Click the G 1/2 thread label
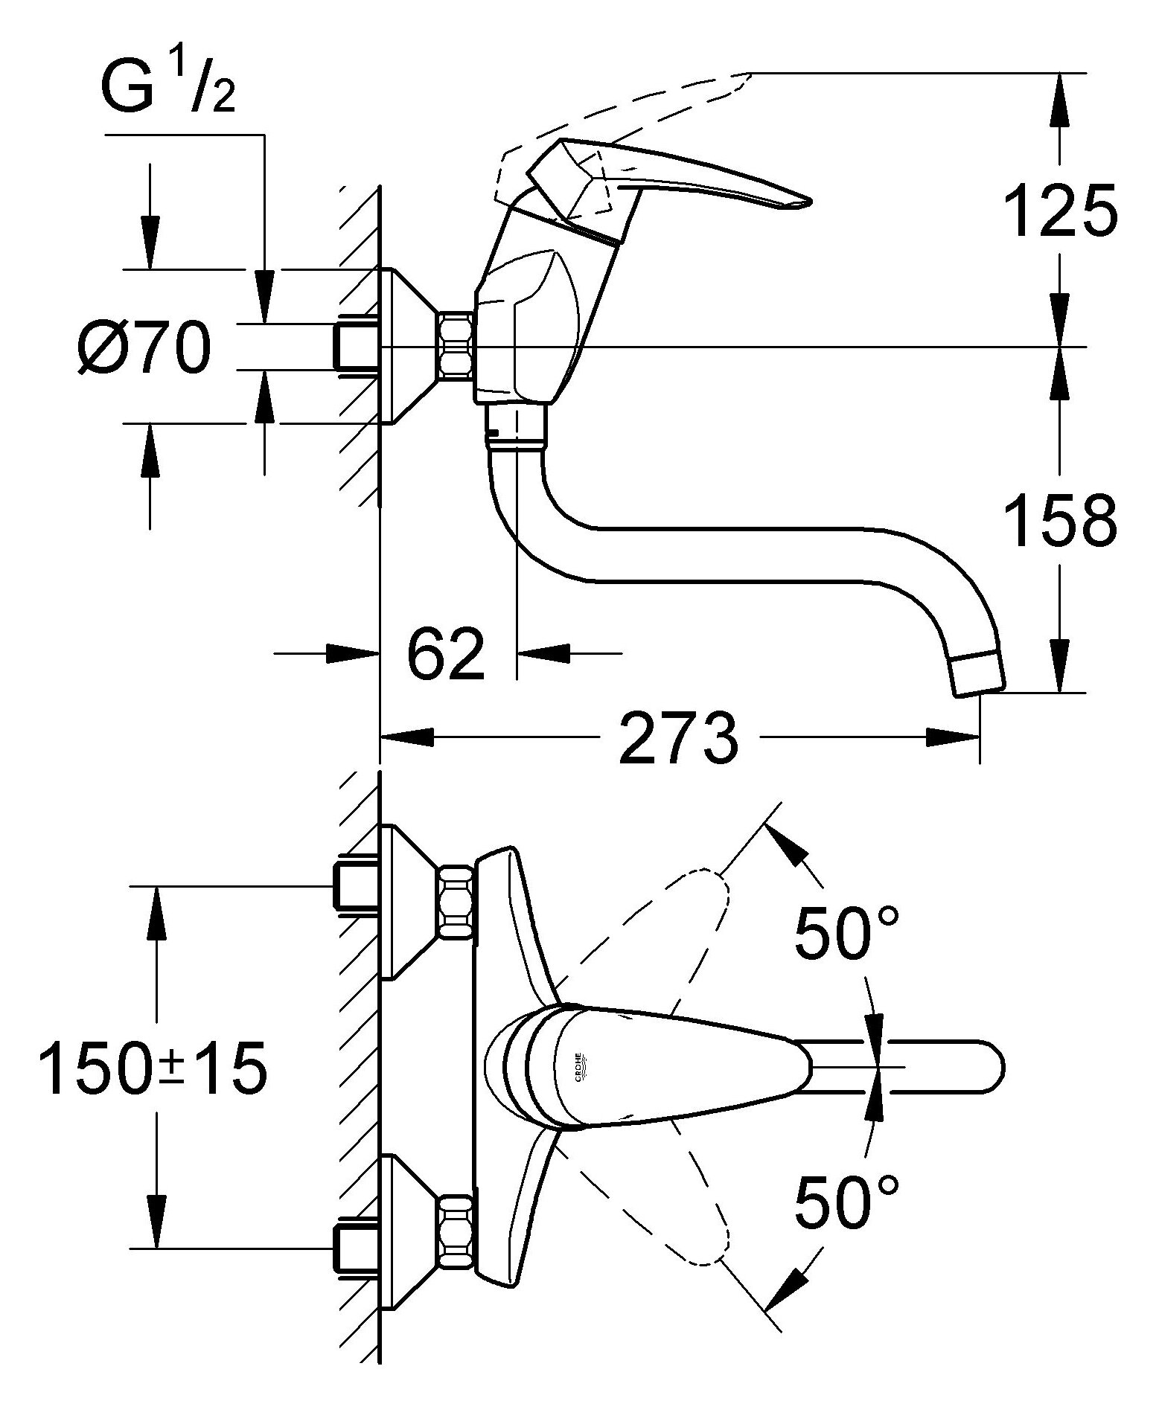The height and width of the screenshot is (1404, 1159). pyautogui.click(x=167, y=89)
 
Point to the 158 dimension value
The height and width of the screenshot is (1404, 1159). pyautogui.click(x=1060, y=521)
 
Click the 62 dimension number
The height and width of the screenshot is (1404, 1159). pyautogui.click(x=445, y=654)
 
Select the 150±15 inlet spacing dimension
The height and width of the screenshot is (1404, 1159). pyautogui.click(x=153, y=1068)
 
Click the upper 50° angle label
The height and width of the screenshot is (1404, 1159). pyautogui.click(x=847, y=932)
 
